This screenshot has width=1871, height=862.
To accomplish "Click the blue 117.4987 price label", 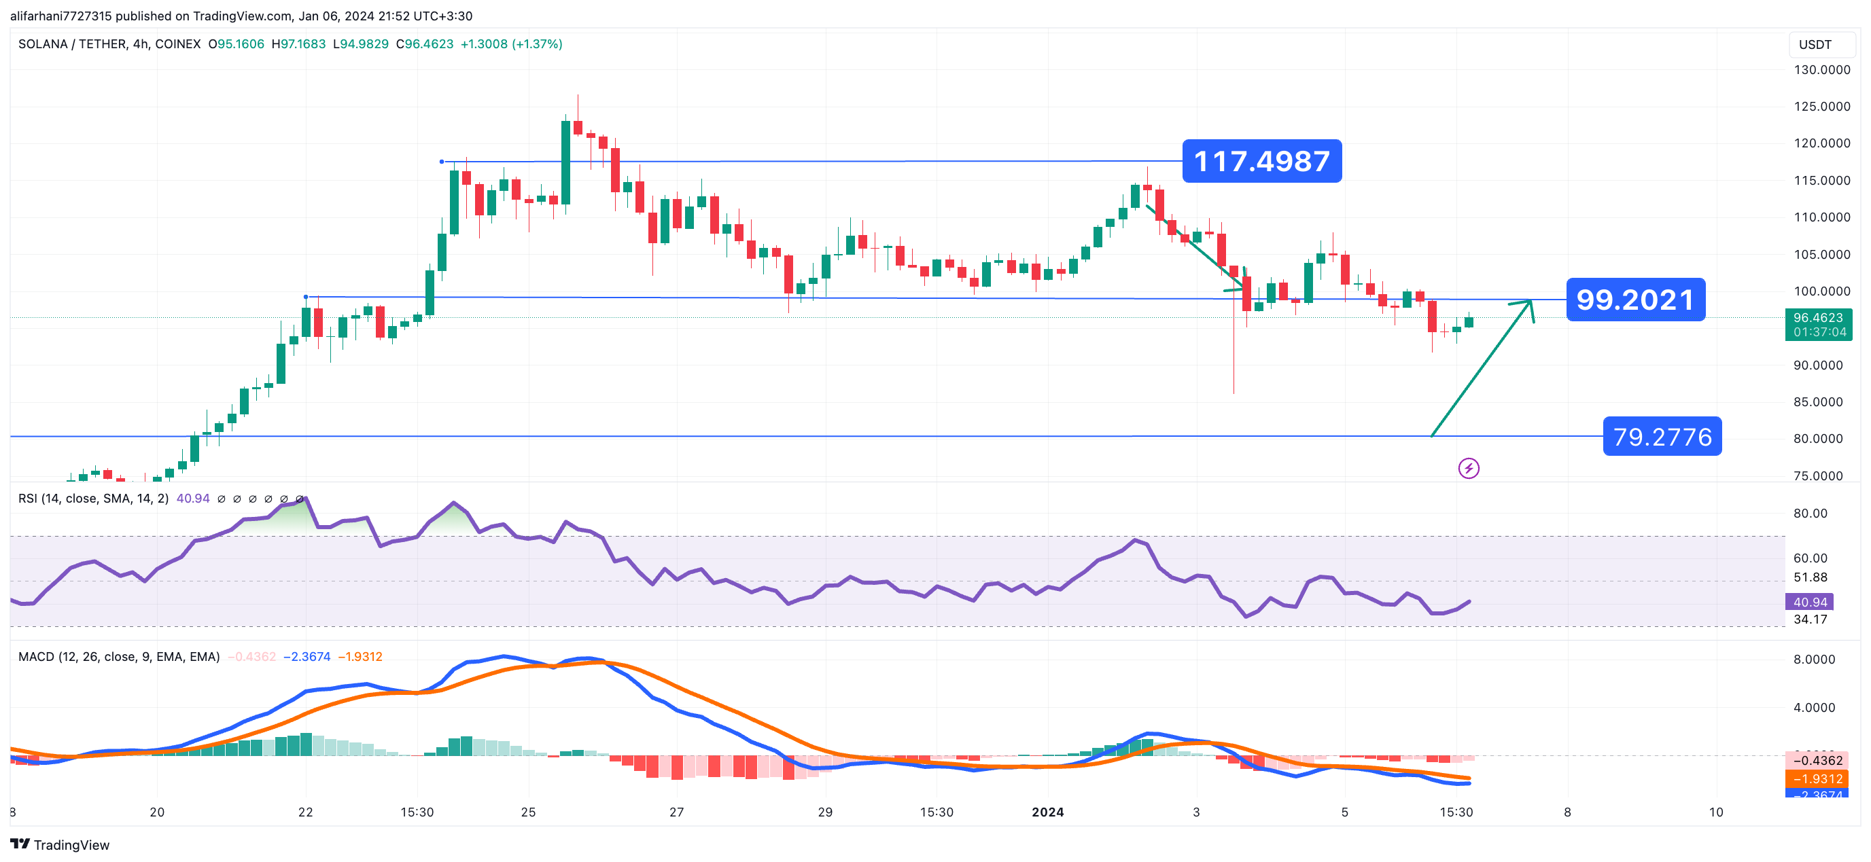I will tap(1261, 161).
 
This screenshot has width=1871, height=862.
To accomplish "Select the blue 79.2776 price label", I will tap(1662, 437).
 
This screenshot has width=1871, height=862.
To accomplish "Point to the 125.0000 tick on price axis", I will tap(1821, 107).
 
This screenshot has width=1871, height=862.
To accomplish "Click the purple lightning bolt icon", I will tap(1469, 469).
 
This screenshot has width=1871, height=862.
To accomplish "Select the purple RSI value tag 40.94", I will tap(1809, 602).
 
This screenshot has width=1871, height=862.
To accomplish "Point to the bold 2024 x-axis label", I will tap(1047, 812).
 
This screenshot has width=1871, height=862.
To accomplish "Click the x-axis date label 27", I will tap(676, 812).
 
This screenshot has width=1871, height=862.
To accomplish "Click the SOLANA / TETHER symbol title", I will tap(109, 44).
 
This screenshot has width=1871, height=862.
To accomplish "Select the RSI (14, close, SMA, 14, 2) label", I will tap(93, 498).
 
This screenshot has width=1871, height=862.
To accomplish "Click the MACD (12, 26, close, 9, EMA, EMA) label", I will tap(118, 656).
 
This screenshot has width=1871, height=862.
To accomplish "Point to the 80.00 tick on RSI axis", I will tap(1810, 514).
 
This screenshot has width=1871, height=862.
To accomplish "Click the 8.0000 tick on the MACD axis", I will tap(1814, 660).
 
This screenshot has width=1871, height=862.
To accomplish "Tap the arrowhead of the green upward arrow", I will tap(1529, 303).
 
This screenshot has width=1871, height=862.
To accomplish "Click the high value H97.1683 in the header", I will tap(298, 44).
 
